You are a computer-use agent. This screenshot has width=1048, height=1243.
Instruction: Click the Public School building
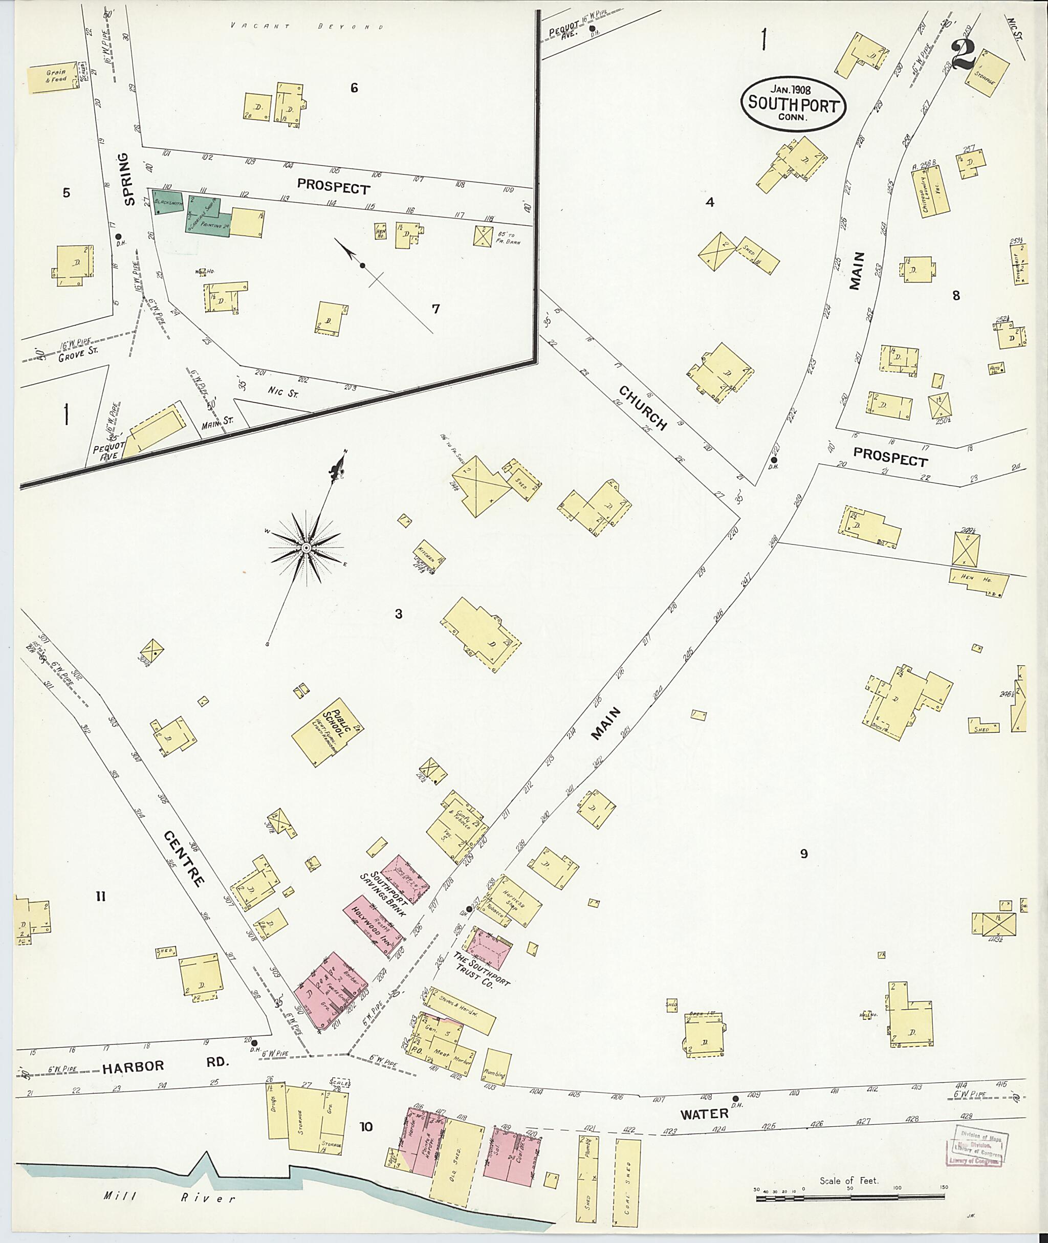point(328,731)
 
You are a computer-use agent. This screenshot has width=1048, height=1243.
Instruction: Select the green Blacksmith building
point(167,202)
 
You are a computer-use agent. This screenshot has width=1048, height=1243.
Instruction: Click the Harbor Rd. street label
point(133,1065)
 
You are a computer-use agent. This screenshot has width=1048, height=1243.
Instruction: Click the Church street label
point(643,408)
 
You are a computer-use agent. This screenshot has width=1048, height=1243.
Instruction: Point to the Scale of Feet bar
point(850,1198)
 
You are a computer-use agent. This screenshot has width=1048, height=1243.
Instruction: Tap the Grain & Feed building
point(55,77)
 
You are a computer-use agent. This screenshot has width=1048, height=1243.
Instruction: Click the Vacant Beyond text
point(308,27)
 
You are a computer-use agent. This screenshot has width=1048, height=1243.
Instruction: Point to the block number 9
point(804,854)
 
